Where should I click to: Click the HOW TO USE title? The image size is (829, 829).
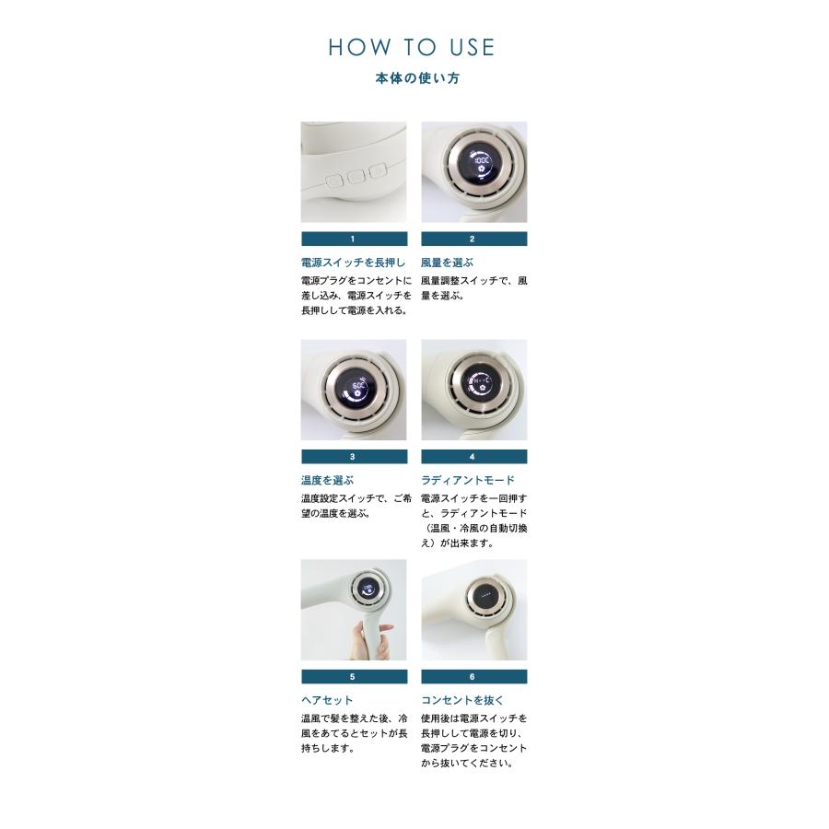click(412, 47)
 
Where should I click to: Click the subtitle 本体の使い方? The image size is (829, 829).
click(417, 78)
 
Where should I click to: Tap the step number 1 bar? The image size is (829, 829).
click(355, 239)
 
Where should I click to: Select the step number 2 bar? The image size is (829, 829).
click(473, 239)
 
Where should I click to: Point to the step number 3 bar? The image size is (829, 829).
click(355, 457)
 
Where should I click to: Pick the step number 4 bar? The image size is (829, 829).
click(473, 457)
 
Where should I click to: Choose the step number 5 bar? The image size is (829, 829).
click(355, 677)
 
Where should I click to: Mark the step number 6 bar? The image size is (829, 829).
click(473, 677)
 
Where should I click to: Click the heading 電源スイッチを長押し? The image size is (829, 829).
click(353, 263)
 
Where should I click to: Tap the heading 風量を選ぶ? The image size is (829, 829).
click(447, 263)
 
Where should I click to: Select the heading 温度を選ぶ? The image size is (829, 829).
click(327, 481)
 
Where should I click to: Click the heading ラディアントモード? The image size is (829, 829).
click(467, 481)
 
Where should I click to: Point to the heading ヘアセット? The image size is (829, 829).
click(327, 701)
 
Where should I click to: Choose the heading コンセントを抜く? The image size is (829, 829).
click(462, 701)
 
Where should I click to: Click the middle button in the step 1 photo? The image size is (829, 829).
click(356, 177)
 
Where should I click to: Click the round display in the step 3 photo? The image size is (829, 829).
click(358, 388)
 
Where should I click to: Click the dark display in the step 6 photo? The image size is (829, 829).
click(485, 594)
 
